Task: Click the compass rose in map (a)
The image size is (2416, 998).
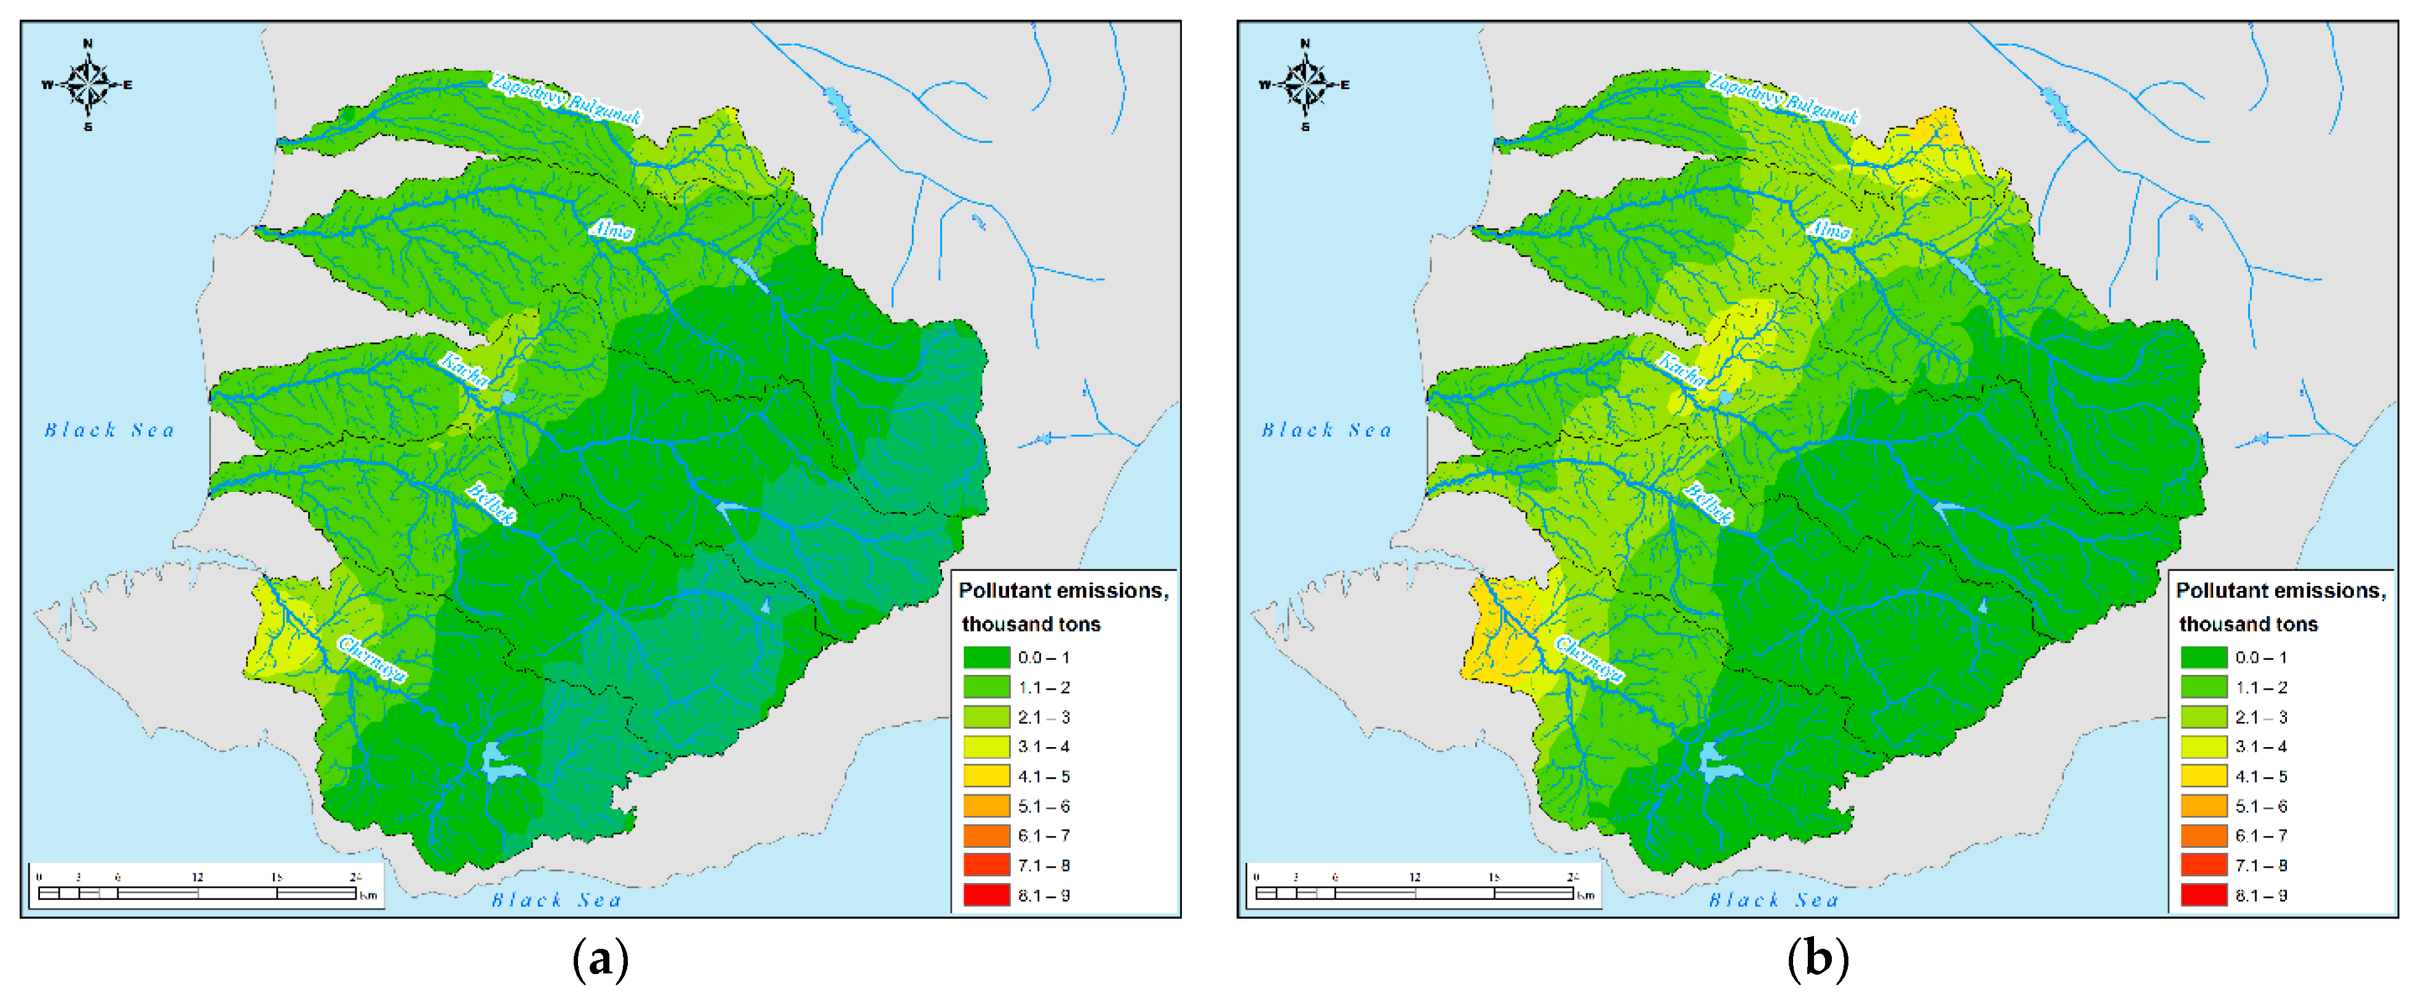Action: coord(88,84)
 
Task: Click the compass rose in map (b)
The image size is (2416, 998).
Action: coord(1305,84)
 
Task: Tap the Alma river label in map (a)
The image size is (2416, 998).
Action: coord(611,229)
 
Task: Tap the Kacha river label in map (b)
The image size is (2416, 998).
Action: coord(1681,371)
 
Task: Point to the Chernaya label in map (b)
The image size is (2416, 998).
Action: coord(1590,659)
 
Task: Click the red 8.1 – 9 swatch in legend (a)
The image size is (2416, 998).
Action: coord(986,895)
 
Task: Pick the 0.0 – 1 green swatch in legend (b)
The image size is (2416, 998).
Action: coord(2203,657)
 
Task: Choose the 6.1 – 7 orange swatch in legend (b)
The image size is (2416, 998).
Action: coord(2203,836)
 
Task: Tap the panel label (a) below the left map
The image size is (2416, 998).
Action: coord(600,959)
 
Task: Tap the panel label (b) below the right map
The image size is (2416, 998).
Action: coord(1818,959)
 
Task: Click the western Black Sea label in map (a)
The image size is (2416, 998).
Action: coord(109,430)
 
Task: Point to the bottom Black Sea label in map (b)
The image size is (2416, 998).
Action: coord(1773,900)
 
